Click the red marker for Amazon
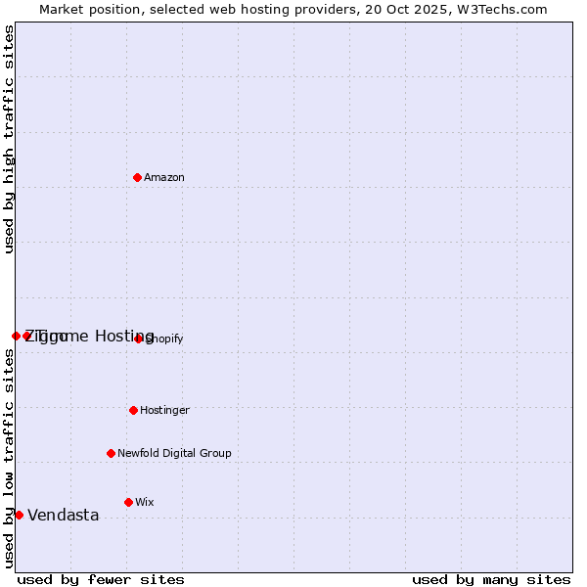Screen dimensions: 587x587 coord(137,177)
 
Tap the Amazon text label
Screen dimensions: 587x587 coord(164,177)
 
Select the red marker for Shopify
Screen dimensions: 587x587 coord(138,339)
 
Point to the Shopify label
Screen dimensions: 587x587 coord(165,339)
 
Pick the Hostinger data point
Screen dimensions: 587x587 coord(133,410)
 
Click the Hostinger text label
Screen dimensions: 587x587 coord(164,410)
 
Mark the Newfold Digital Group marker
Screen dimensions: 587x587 coord(111,453)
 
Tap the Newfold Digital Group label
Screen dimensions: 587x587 coord(174,453)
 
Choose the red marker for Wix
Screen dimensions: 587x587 coord(128,502)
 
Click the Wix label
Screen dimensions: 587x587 coord(145,502)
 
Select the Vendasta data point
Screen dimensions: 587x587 coord(19,515)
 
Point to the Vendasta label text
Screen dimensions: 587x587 coord(63,516)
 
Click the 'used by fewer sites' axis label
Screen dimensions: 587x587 coord(100,579)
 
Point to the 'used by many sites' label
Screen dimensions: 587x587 coord(491,579)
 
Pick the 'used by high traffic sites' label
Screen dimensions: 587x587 coord(10,139)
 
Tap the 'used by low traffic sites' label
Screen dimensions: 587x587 coord(10,458)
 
